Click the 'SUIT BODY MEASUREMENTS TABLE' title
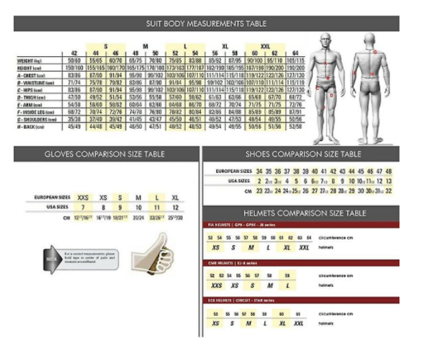206,23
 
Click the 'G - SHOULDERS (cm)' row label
34,120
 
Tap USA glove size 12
175,208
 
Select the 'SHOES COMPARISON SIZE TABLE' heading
302,154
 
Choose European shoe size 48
388,172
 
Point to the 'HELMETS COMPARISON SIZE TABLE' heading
302,213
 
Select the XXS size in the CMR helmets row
215,285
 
